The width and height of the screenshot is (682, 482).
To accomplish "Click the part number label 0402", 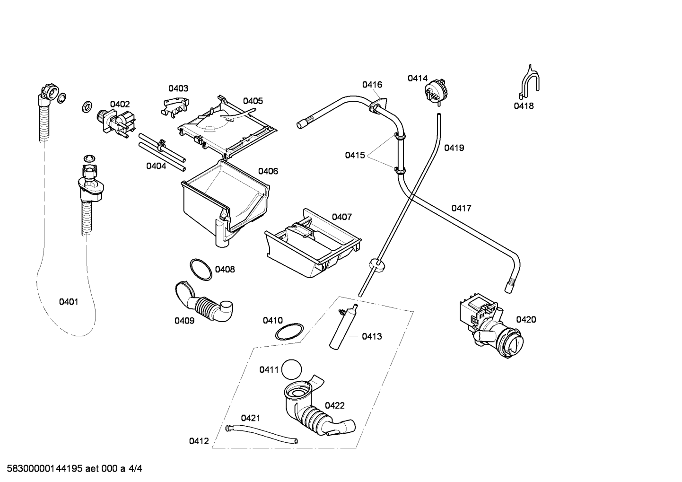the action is coord(120,105).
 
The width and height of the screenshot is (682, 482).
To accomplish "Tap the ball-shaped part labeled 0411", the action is coord(291,369).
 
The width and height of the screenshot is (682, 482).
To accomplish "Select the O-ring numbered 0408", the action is coord(201,270).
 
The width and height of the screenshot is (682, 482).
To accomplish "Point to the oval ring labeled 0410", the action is coord(289,332).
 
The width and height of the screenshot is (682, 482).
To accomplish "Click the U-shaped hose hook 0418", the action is coord(529,81).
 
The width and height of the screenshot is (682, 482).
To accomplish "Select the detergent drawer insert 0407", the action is coord(313,243).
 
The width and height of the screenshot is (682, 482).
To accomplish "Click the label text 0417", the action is coord(461,208).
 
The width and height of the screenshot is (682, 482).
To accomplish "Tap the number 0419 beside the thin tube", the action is coord(454,148).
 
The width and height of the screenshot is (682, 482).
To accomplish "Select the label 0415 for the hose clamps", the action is coord(355,155).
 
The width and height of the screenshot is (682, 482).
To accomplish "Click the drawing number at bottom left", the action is coord(75,469).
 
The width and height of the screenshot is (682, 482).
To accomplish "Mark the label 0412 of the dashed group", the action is coord(199,441).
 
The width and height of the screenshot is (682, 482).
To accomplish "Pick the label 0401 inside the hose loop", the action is coord(69,302).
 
